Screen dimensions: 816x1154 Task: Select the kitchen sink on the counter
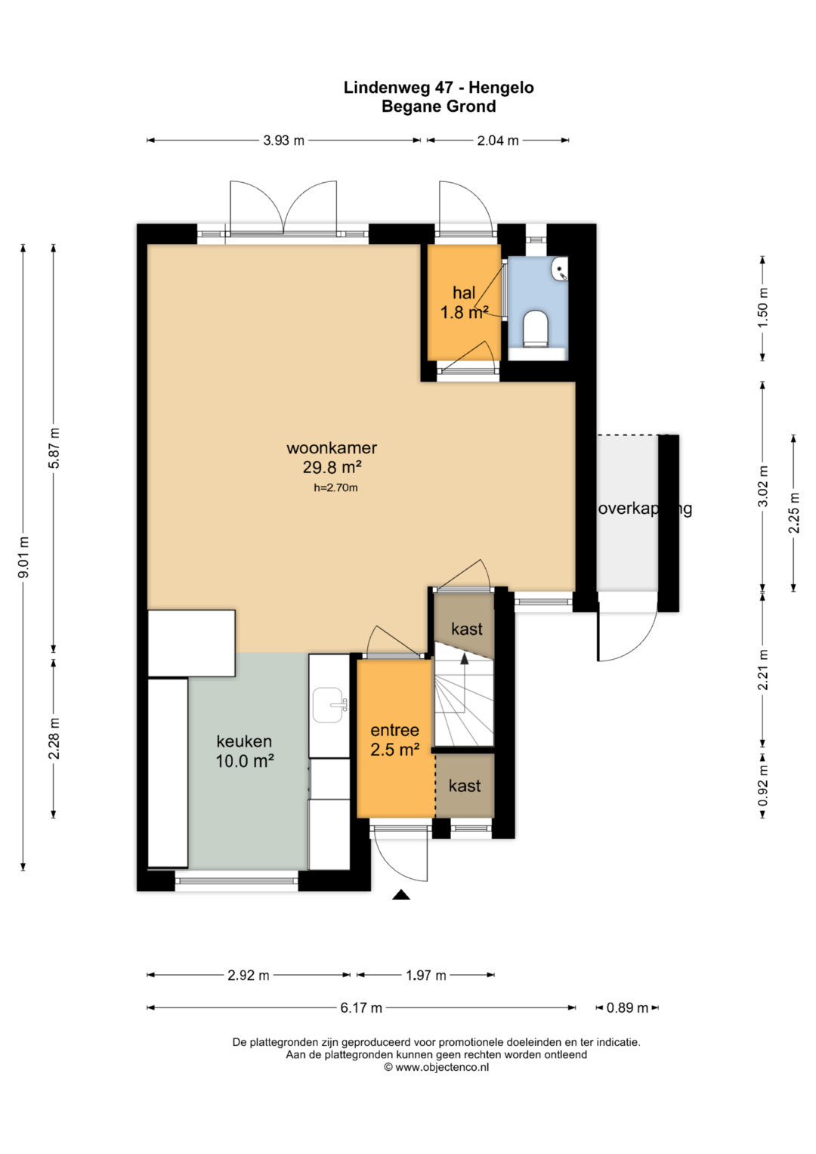click(329, 704)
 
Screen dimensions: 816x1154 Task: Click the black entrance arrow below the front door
click(400, 895)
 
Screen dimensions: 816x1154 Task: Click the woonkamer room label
click(332, 447)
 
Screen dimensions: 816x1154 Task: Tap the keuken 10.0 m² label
click(244, 750)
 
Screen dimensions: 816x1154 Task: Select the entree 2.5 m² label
click(395, 739)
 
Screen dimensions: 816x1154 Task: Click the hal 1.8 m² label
click(464, 302)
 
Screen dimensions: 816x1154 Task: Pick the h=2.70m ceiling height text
click(336, 487)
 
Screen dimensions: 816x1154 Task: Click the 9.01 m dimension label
click(23, 557)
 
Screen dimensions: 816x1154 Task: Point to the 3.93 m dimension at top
click(284, 140)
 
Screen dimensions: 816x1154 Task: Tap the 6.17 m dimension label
click(361, 1007)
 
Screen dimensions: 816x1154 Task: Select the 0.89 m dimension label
click(627, 1007)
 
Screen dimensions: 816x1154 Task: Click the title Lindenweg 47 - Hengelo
click(438, 88)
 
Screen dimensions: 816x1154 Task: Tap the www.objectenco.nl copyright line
click(437, 1067)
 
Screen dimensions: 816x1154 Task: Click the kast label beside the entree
click(465, 786)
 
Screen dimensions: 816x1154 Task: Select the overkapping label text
click(644, 509)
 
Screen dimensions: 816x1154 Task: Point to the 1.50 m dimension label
click(763, 308)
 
